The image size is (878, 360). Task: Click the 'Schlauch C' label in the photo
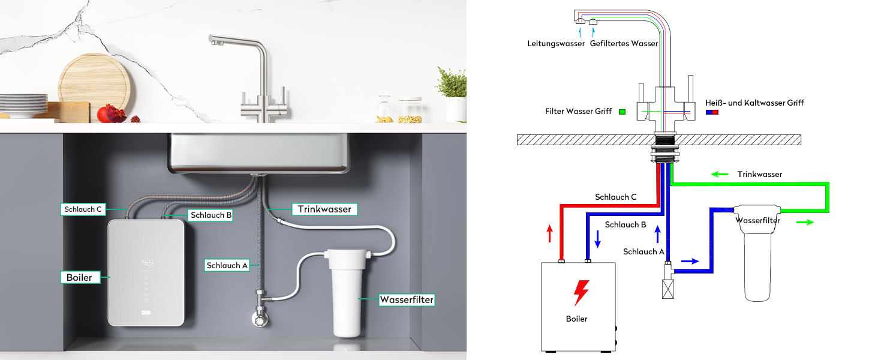coord(83,209)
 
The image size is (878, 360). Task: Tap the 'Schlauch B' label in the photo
coord(211,215)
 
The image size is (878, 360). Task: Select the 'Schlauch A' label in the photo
coord(227,265)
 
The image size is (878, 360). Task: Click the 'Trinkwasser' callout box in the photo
coord(324,209)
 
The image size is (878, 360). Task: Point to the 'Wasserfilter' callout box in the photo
coord(407,300)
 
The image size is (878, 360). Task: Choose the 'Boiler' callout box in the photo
coord(80,277)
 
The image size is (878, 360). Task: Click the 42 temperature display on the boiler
coord(146,263)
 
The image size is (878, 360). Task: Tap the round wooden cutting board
coord(94,87)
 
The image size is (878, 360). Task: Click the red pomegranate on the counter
coord(112,114)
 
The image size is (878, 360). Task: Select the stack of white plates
coord(23,106)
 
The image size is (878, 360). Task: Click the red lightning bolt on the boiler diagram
coord(581,293)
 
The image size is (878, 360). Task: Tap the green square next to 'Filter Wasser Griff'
coord(622,112)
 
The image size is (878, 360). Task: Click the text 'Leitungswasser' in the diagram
coord(556,44)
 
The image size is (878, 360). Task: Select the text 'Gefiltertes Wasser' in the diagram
coord(624,44)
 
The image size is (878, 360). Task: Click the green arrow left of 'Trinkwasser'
coord(720,174)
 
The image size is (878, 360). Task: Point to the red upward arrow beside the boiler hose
coord(550,234)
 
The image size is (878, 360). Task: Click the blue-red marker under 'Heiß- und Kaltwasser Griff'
coord(712,112)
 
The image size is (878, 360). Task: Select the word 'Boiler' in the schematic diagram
coord(576,319)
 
